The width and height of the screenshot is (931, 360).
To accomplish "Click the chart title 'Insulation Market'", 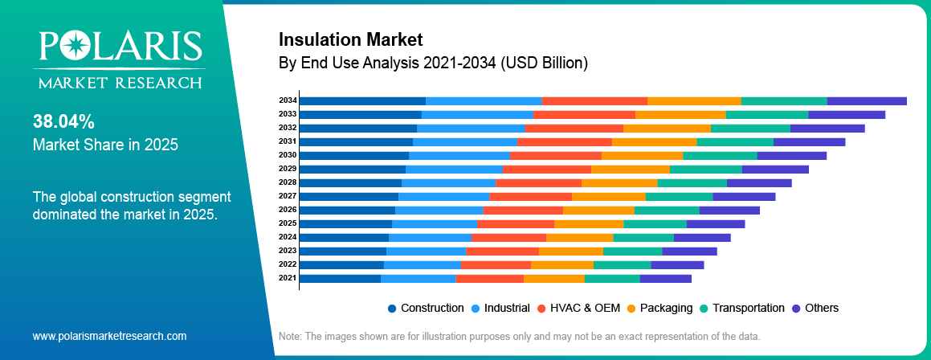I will (x=350, y=39).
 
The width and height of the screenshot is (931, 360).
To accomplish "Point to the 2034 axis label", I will (x=288, y=100).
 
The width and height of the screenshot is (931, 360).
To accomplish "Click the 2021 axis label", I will (x=288, y=278).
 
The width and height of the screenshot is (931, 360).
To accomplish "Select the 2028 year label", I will (x=288, y=182).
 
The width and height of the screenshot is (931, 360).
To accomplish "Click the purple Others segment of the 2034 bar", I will (x=867, y=100).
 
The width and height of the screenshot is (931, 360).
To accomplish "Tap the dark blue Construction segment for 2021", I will (x=340, y=278).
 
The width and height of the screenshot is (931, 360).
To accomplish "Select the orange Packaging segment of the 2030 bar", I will (x=642, y=155).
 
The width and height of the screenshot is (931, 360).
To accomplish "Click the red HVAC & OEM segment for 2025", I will (x=515, y=223).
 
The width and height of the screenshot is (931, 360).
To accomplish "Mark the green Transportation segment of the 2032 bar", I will (x=750, y=128).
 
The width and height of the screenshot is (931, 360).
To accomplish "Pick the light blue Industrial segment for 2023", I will (x=426, y=251).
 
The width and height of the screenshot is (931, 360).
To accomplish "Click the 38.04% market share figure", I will (x=63, y=122).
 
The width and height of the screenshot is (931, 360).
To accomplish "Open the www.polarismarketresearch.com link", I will (x=109, y=336).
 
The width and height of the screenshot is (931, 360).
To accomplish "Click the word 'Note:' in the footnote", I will (x=291, y=336).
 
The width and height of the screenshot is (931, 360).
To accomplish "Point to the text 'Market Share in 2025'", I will (x=105, y=145).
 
